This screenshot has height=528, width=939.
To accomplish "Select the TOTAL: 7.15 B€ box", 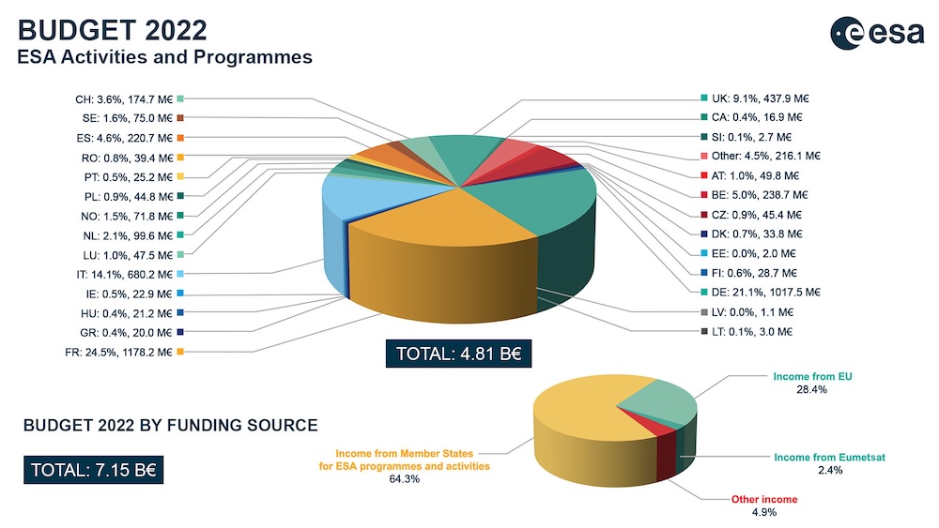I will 95,470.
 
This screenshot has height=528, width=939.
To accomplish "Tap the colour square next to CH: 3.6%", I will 179,98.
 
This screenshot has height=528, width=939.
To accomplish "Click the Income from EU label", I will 810,376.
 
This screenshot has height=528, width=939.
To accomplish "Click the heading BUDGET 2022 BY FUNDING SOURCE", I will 170,426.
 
